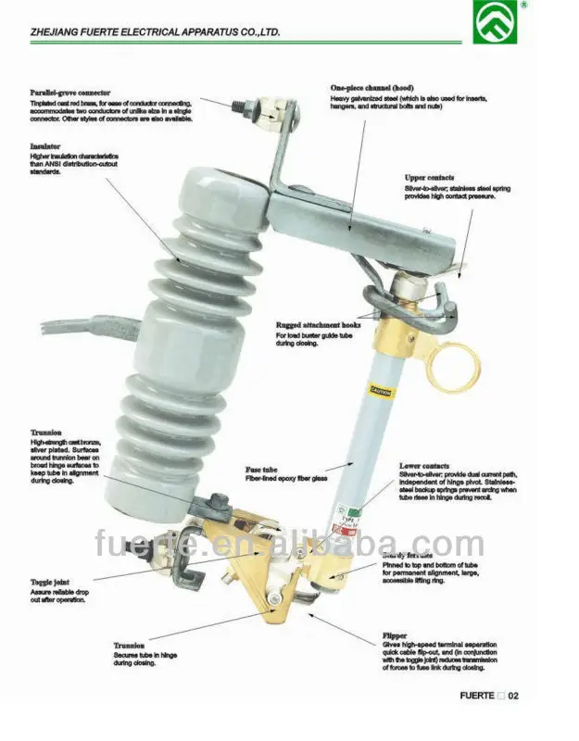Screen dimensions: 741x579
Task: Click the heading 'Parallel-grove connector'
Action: (x=70, y=93)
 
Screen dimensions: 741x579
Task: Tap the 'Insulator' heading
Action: (x=45, y=146)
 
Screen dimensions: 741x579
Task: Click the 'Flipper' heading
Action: (x=395, y=636)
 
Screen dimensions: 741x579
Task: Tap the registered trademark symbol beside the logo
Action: (x=523, y=5)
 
